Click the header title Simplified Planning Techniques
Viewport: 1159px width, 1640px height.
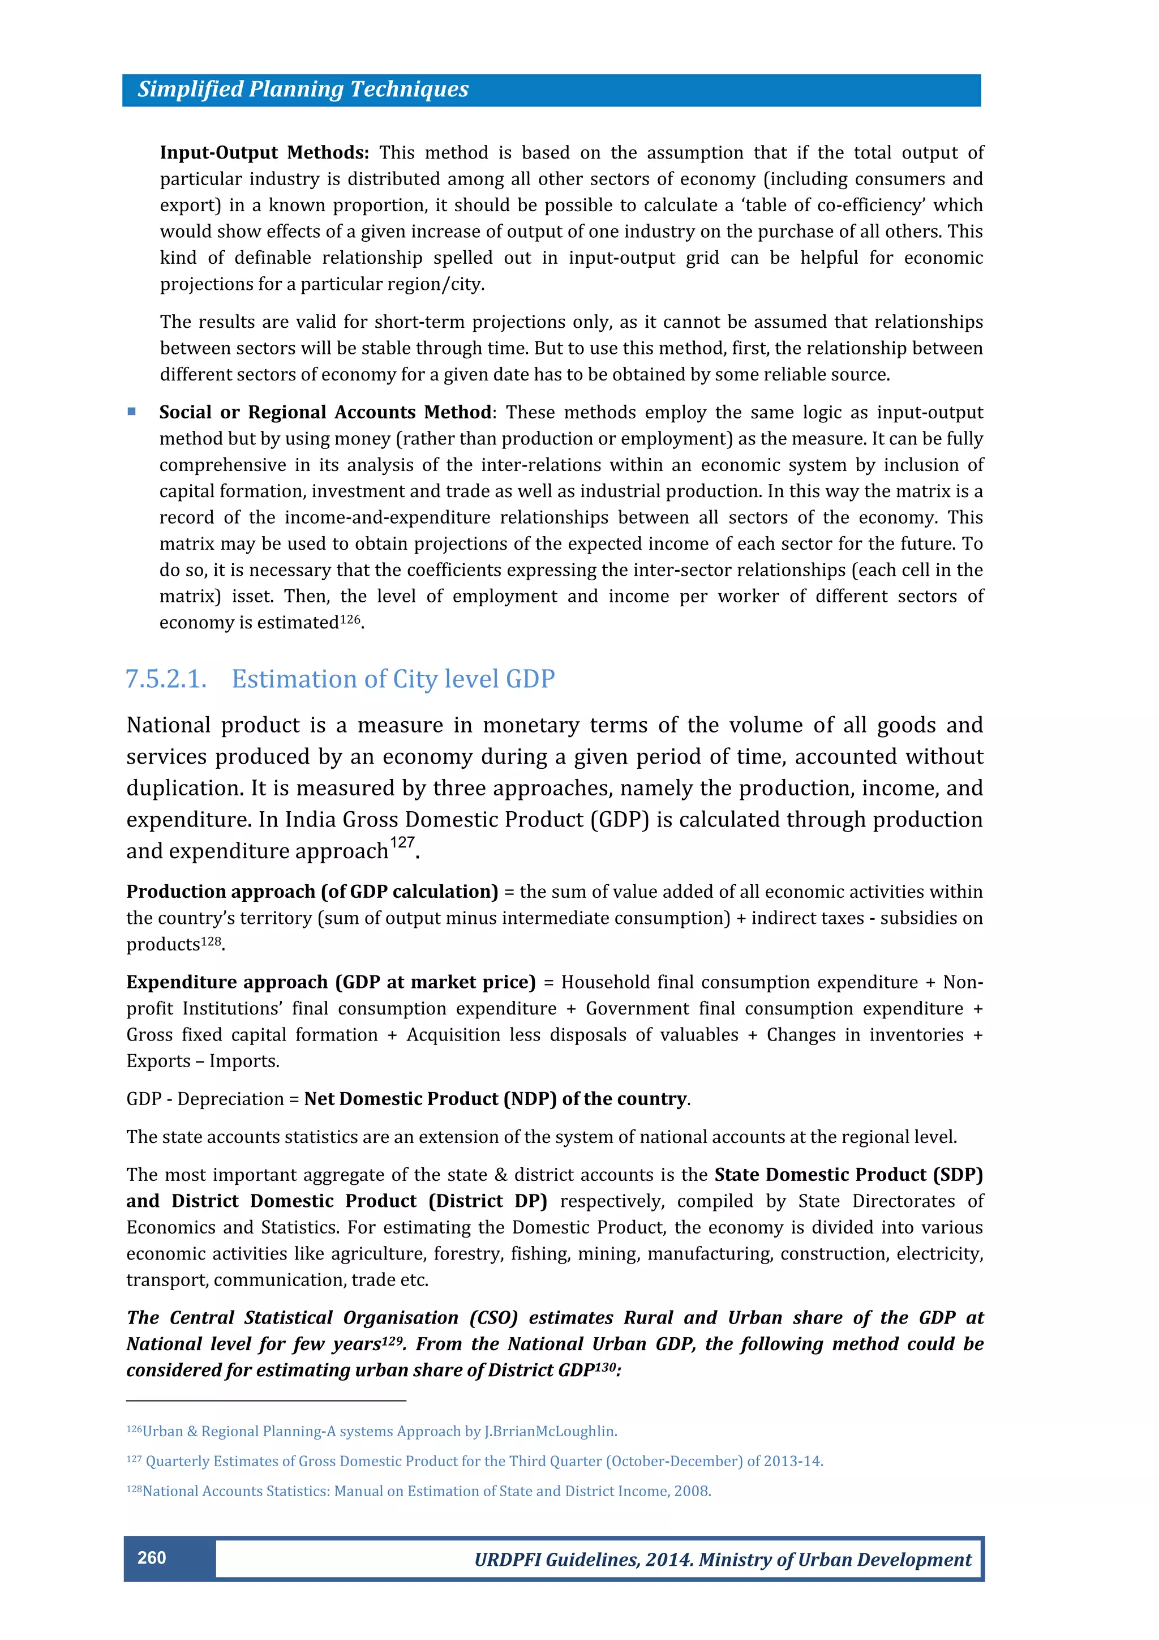(x=303, y=89)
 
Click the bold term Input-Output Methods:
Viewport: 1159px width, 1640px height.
(x=264, y=153)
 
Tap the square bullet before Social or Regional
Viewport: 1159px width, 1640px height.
(x=131, y=412)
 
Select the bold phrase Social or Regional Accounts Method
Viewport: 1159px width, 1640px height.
(x=325, y=412)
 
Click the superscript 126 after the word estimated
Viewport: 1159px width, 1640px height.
(x=350, y=619)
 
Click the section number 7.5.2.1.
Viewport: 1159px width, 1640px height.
(x=166, y=679)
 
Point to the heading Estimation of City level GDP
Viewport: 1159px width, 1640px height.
(x=393, y=679)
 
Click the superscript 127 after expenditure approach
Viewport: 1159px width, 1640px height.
(x=401, y=843)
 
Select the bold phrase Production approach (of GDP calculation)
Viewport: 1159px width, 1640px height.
(x=312, y=892)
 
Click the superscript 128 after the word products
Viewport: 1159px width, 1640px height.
(x=212, y=941)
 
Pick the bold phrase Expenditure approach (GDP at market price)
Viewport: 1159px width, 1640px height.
(x=330, y=982)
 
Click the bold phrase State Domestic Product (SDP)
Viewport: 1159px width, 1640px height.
(x=848, y=1175)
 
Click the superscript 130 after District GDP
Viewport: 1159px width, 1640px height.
(x=606, y=1367)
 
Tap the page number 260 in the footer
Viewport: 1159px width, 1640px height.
(x=152, y=1558)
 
